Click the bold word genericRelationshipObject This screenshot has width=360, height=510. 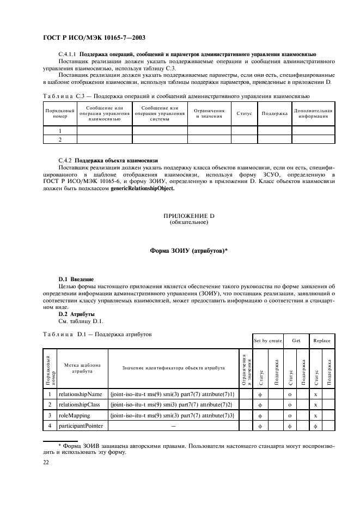(x=143, y=189)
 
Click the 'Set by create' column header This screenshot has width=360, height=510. (x=267, y=340)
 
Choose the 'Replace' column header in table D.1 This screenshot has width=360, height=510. (x=321, y=340)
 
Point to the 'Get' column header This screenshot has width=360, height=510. (x=296, y=340)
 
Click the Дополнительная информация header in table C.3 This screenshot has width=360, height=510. (x=313, y=113)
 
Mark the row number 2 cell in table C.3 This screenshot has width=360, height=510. (x=59, y=140)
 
